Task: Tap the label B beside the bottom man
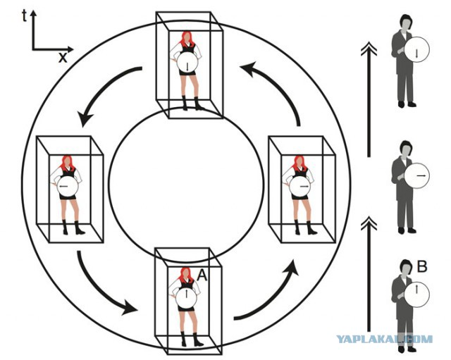coord(422,266)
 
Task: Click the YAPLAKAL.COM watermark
coord(384,339)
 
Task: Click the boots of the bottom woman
coord(190,340)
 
